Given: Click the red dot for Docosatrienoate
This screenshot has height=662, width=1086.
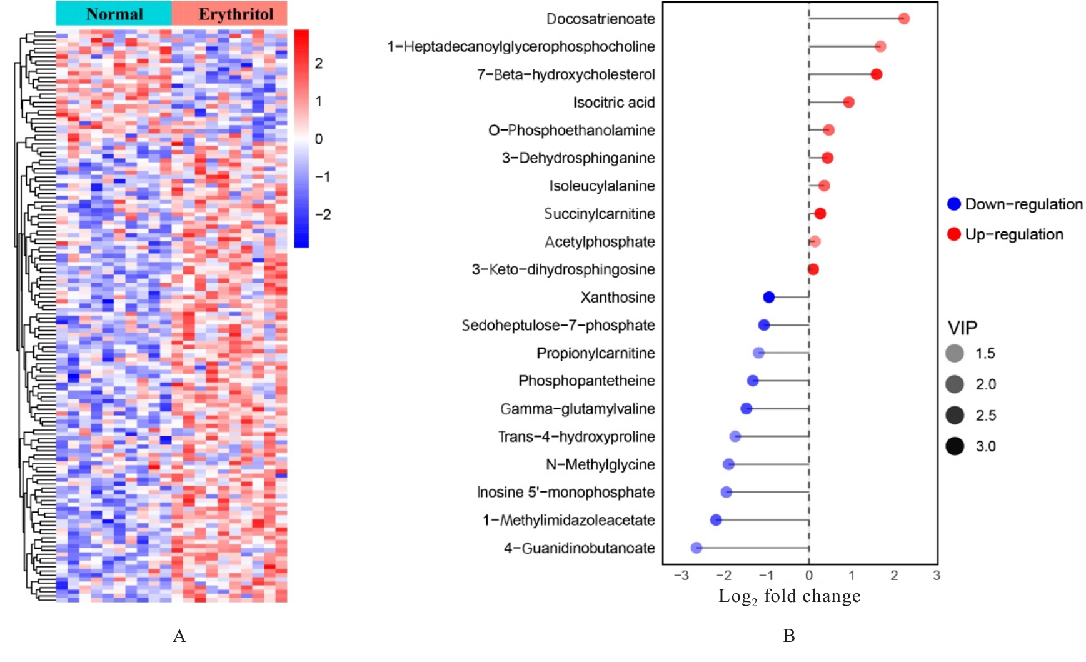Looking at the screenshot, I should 903,19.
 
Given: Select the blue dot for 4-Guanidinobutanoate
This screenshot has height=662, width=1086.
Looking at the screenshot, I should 696,548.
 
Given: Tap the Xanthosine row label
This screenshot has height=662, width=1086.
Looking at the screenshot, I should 618,298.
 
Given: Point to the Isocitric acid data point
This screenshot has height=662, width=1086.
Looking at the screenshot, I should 848,102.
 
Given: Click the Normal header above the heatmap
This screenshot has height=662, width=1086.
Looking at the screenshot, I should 114,14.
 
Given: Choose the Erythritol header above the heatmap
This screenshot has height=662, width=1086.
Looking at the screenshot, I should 236,14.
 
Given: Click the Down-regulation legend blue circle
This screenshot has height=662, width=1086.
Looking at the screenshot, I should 954,204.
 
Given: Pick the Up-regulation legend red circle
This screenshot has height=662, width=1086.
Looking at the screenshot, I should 954,234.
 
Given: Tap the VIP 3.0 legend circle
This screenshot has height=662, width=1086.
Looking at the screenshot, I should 955,446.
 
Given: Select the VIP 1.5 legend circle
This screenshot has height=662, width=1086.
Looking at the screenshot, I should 955,354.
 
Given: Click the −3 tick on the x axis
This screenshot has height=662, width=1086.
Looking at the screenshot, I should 681,576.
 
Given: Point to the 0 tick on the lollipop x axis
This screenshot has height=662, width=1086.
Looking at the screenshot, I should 809,576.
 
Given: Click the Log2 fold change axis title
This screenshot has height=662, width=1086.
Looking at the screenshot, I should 789,597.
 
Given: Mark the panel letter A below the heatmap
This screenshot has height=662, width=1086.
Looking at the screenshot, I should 179,636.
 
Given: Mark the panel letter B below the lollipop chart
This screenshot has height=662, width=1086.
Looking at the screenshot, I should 789,636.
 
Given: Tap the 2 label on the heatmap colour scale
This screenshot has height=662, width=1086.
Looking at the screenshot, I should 319,63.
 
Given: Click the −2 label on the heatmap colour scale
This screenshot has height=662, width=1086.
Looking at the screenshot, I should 323,215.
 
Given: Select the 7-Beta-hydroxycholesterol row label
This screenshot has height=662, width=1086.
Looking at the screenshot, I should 566,75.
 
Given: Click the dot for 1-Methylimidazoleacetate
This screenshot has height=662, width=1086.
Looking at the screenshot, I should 716,520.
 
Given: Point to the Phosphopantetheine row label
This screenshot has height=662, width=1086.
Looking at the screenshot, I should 586,381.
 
